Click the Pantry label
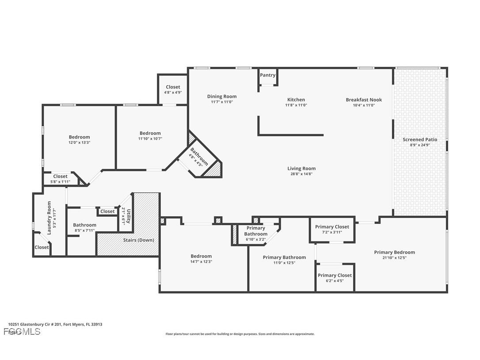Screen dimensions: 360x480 point(267,75)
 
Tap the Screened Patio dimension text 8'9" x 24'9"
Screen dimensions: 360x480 point(419,145)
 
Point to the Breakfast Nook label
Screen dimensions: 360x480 point(363,100)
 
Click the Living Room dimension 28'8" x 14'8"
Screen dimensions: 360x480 point(301,174)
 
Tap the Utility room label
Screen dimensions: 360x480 point(127,217)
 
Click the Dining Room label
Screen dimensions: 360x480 point(222,96)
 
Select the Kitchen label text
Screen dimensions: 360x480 point(296,100)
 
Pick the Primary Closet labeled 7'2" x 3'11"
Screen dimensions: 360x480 point(332,229)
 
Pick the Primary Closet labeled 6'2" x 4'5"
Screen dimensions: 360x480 point(335,277)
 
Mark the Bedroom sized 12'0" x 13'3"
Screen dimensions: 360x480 point(79,139)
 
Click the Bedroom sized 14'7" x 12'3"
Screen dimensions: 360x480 point(201,258)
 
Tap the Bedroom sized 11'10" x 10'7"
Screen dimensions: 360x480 point(150,135)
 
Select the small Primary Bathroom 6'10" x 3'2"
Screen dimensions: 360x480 point(255,233)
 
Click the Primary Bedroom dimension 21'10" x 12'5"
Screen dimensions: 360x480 point(394,257)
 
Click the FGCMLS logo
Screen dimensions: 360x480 point(22,331)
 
